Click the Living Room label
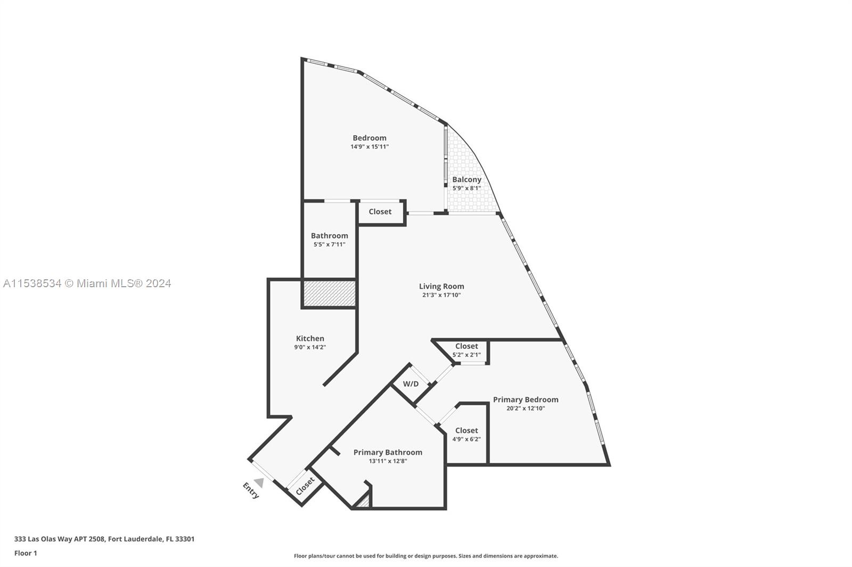[441, 286]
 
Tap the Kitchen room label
[310, 338]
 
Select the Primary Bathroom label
[388, 452]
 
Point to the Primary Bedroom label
[526, 399]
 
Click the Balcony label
[466, 180]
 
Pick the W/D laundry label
[411, 384]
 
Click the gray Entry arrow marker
[259, 482]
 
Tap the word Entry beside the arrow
[251, 490]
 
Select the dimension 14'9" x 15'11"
[370, 147]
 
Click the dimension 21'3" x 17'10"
[441, 295]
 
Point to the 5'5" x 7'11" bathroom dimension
[330, 245]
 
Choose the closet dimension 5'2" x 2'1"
[466, 355]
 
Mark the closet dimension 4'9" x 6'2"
[466, 439]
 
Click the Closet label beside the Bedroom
[380, 212]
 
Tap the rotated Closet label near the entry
[306, 486]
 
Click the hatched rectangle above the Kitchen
[329, 294]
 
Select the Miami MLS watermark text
[87, 283]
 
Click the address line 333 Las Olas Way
[104, 539]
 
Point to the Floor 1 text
[26, 553]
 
